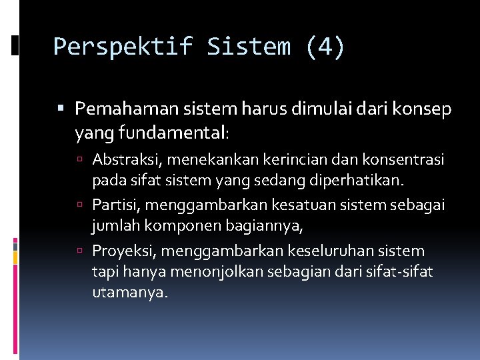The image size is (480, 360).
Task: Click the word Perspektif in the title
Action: [x=122, y=47]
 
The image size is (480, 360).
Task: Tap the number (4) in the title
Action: [x=325, y=47]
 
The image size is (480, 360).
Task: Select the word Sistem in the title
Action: [x=249, y=47]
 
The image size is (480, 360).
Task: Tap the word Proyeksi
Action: [x=118, y=251]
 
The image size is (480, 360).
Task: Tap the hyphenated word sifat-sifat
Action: [x=400, y=272]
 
